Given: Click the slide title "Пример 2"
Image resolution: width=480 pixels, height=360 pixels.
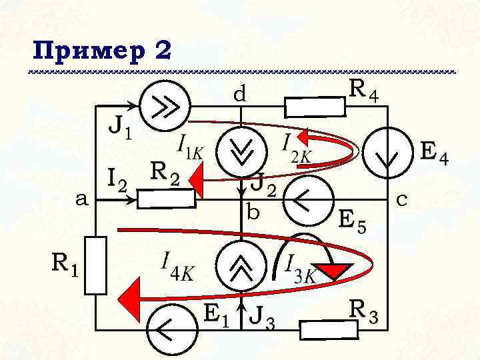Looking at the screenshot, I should (101, 51).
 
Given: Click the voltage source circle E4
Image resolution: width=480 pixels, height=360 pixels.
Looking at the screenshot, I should (387, 155).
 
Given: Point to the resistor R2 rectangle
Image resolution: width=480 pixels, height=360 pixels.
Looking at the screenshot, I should (167, 199).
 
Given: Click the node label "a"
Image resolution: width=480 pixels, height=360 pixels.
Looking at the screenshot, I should (81, 199).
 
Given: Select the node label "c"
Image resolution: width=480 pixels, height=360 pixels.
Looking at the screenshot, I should (403, 198).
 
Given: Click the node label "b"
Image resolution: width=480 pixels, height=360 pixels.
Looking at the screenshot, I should (253, 213).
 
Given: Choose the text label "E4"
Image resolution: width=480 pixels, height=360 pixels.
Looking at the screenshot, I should (434, 154).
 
